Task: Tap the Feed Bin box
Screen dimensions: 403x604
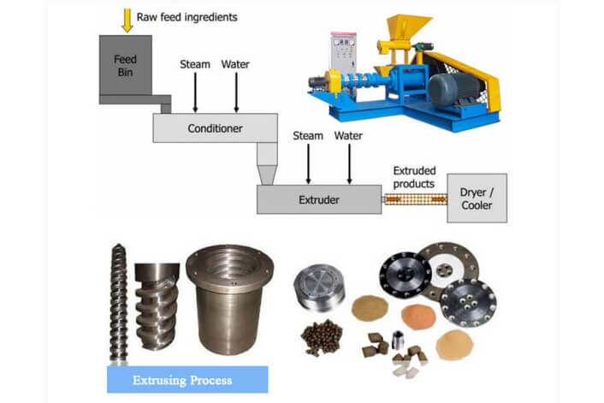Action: (126, 64)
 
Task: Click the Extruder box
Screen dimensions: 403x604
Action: (318, 200)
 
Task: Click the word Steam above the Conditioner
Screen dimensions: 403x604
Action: (195, 64)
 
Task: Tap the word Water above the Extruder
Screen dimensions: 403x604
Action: (347, 135)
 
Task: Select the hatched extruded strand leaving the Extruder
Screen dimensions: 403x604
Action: (415, 200)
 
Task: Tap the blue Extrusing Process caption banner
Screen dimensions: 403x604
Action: (187, 378)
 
